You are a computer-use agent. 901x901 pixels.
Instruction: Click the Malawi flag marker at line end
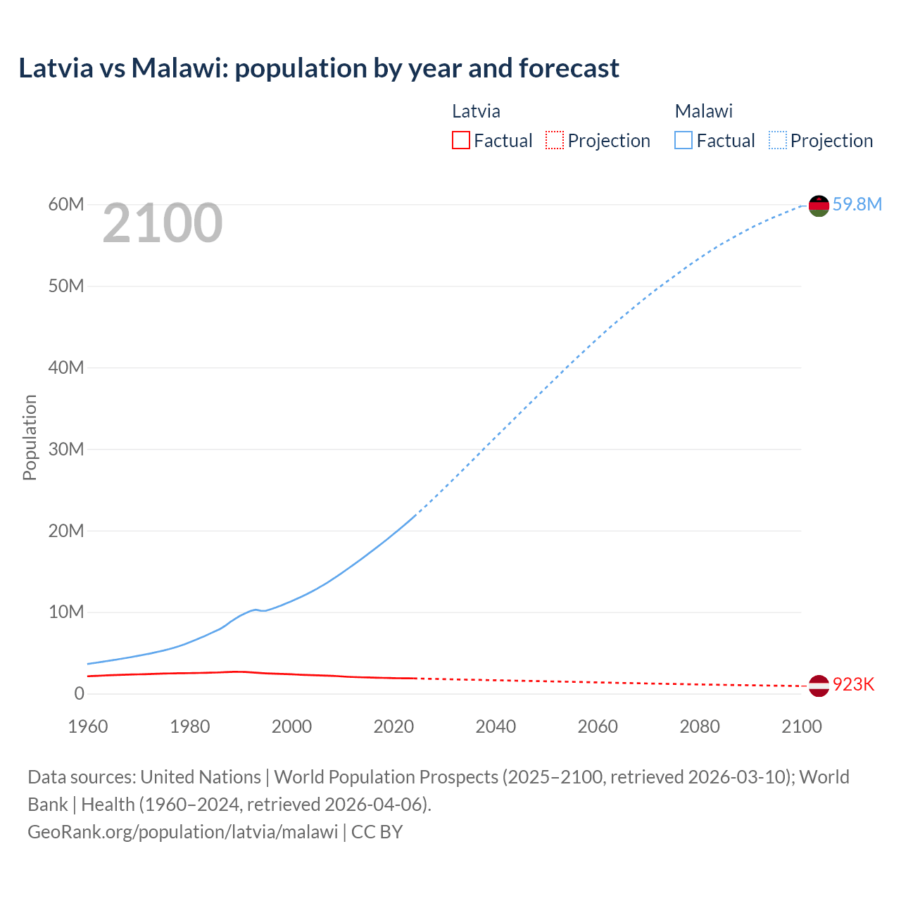(x=819, y=206)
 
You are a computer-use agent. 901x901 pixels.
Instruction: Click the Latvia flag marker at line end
(x=819, y=686)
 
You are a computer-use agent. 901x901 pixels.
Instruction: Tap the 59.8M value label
(x=857, y=204)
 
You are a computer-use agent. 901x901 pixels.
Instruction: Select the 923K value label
(x=853, y=685)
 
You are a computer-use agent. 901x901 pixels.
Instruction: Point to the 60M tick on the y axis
(x=66, y=204)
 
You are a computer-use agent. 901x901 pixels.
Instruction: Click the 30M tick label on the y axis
(x=66, y=449)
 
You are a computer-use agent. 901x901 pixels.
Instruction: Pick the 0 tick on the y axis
(x=79, y=693)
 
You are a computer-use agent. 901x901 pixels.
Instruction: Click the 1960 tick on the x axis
(x=88, y=726)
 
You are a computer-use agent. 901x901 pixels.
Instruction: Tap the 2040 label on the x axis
(x=496, y=726)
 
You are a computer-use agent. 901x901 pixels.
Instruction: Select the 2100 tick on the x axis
(x=801, y=726)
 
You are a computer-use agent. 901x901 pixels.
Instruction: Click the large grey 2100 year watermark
(x=163, y=223)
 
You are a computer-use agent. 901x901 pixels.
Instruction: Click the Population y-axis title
(x=30, y=437)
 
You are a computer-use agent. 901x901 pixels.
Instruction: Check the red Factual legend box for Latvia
(x=460, y=141)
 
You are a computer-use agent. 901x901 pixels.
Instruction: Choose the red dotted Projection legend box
(x=555, y=141)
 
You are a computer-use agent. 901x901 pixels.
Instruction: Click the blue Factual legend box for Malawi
(x=683, y=141)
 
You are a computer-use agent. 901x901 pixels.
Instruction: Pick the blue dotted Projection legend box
(x=778, y=141)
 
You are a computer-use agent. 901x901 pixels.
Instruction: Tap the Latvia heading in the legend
(x=476, y=111)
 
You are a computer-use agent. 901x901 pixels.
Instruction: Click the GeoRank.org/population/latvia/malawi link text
(x=183, y=831)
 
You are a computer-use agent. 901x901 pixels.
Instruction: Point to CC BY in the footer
(x=377, y=831)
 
